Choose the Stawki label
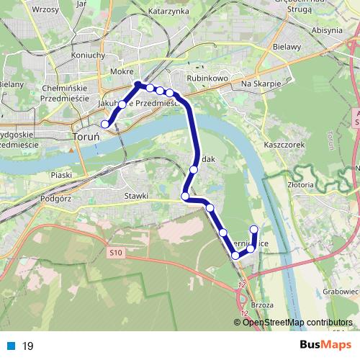click(136, 195)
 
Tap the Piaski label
click(63, 174)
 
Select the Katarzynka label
click(168, 12)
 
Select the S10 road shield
click(117, 253)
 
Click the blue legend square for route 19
click(12, 346)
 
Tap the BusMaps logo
click(321, 345)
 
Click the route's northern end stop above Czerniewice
click(253, 229)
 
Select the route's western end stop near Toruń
click(105, 124)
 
